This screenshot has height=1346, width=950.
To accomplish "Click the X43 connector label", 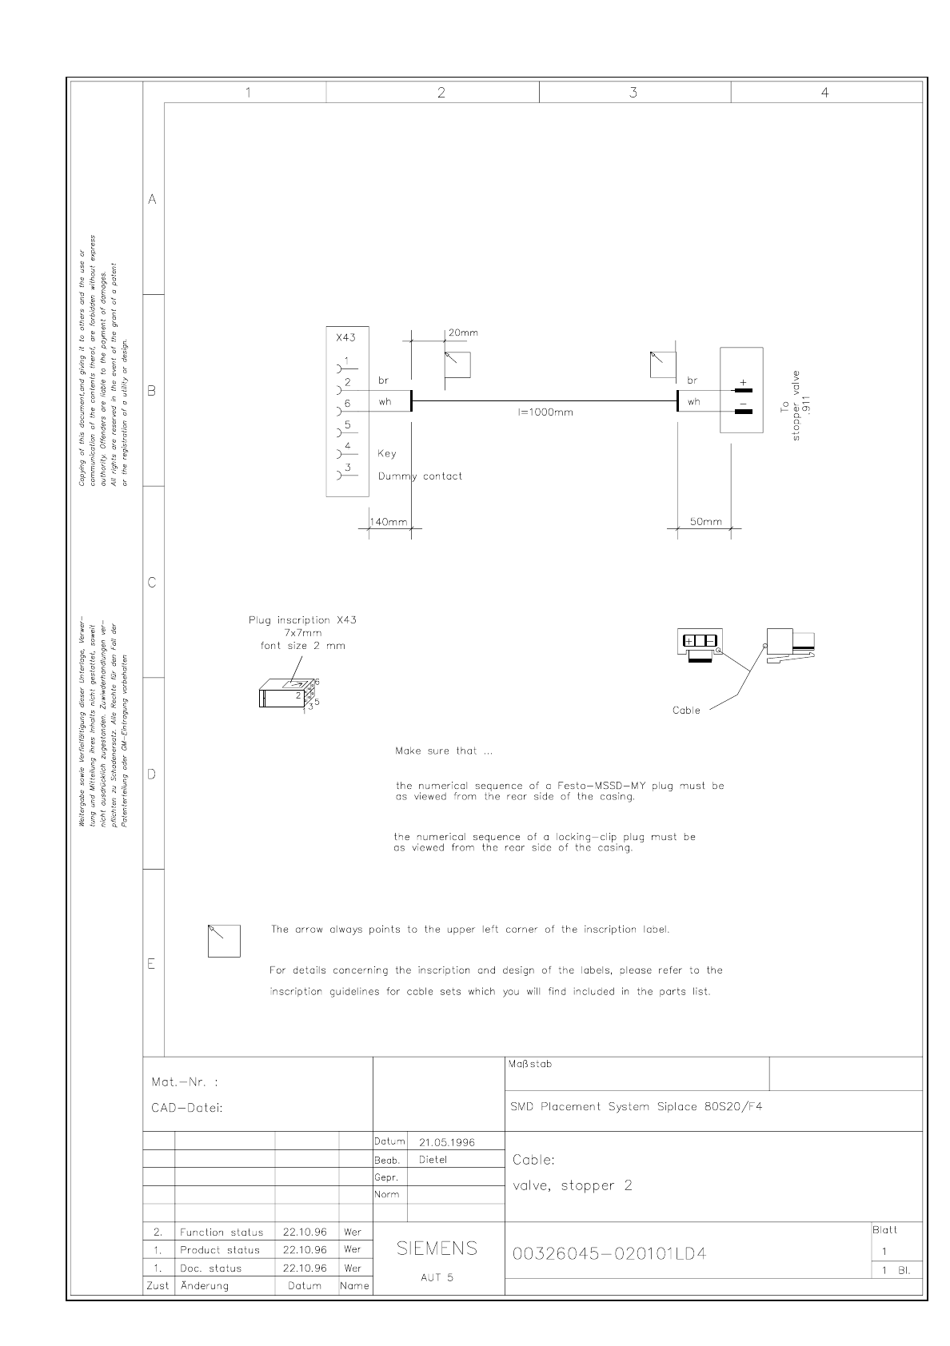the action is pyautogui.click(x=346, y=337).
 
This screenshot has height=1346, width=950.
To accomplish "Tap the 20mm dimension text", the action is pyautogui.click(x=464, y=333).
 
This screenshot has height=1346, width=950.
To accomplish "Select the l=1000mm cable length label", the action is pyautogui.click(x=546, y=412).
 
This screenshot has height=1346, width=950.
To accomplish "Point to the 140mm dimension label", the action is pyautogui.click(x=388, y=522).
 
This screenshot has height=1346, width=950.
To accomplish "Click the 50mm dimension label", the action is pyautogui.click(x=705, y=522).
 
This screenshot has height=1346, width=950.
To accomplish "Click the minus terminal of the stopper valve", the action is pyautogui.click(x=743, y=410).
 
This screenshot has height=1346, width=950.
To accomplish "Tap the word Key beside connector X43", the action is pyautogui.click(x=387, y=453).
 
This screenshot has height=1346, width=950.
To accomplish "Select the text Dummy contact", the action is pyautogui.click(x=420, y=476).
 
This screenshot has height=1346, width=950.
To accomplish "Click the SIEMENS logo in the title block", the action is pyautogui.click(x=437, y=1248).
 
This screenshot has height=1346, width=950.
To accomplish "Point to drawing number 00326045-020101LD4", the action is pyautogui.click(x=609, y=1253).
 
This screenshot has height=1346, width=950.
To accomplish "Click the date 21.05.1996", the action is pyautogui.click(x=447, y=1142).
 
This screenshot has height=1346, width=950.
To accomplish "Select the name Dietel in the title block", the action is pyautogui.click(x=433, y=1160).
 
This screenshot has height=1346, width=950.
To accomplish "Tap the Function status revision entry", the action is pyautogui.click(x=222, y=1233).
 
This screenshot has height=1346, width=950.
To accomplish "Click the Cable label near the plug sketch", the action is pyautogui.click(x=686, y=711).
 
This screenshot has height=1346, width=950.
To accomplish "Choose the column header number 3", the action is pyautogui.click(x=633, y=93).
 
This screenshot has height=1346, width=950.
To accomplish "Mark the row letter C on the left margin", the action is pyautogui.click(x=152, y=583).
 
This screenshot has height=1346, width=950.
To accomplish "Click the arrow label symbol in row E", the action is pyautogui.click(x=224, y=941).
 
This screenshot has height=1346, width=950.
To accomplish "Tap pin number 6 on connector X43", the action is pyautogui.click(x=347, y=404).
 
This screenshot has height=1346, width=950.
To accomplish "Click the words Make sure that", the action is pyautogui.click(x=436, y=751).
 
